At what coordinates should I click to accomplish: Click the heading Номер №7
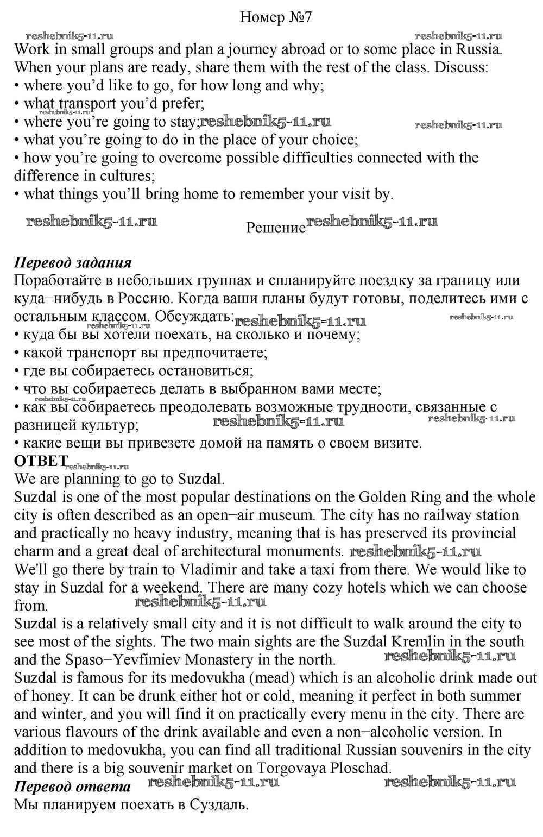coord(276,17)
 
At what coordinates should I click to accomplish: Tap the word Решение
coord(276,228)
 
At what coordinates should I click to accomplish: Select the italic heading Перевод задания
coord(73,263)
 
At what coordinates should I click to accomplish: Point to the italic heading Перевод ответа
coord(72,786)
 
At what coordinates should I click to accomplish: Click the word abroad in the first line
coord(302,49)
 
